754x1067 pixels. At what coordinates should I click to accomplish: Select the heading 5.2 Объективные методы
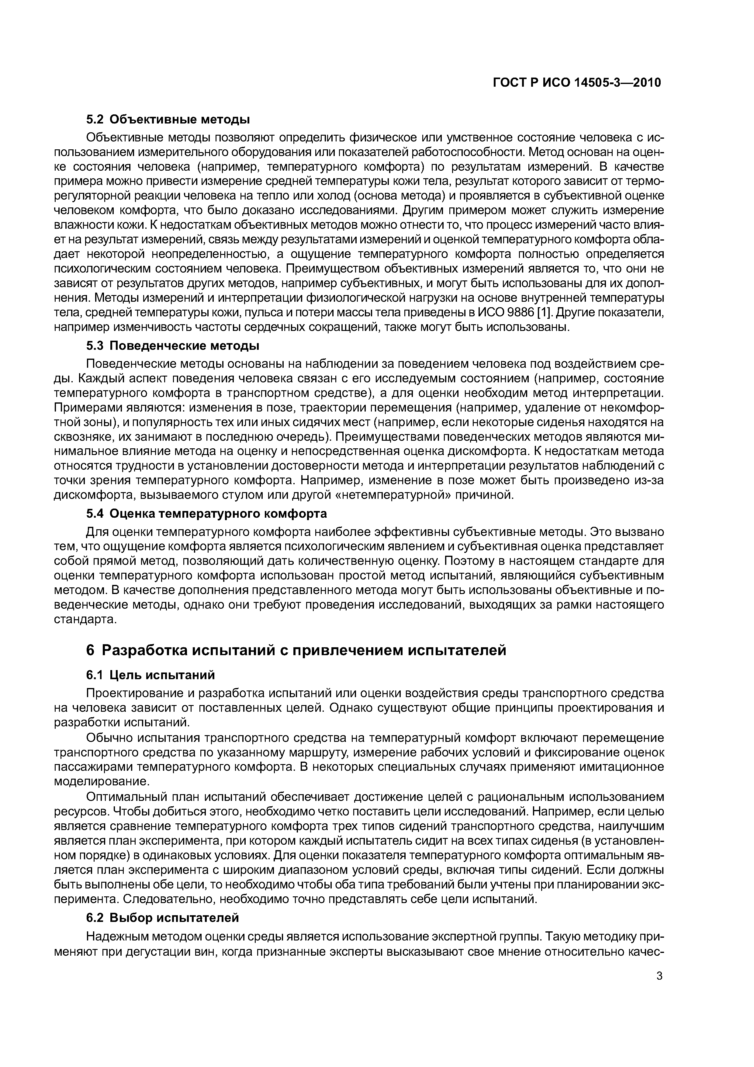point(168,120)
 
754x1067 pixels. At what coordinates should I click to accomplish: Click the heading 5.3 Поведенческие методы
point(173,346)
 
